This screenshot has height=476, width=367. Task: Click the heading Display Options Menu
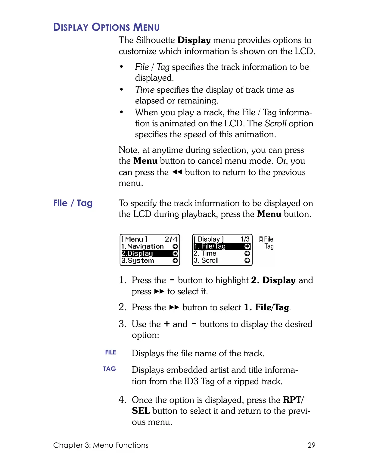(106, 27)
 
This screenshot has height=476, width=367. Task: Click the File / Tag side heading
(73, 203)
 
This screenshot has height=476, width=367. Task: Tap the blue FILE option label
(110, 352)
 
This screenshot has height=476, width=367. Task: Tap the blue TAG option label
(109, 369)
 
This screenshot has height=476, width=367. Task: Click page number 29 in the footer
(311, 445)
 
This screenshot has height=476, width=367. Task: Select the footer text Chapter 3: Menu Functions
(101, 445)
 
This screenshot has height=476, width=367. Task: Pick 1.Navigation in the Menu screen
(142, 246)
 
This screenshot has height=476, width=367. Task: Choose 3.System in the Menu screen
(138, 261)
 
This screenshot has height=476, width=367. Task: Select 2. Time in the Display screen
(205, 254)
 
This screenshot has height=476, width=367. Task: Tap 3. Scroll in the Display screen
(206, 261)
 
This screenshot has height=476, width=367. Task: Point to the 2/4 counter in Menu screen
(171, 239)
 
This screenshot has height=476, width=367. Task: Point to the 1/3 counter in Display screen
(245, 239)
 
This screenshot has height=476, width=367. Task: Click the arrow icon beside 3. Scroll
(247, 261)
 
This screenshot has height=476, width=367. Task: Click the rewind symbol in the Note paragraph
(177, 172)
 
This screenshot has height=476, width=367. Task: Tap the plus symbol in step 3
(167, 324)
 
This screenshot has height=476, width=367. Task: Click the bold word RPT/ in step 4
(294, 400)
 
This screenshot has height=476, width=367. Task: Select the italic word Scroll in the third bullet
(275, 123)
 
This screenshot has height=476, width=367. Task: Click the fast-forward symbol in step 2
(174, 307)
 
